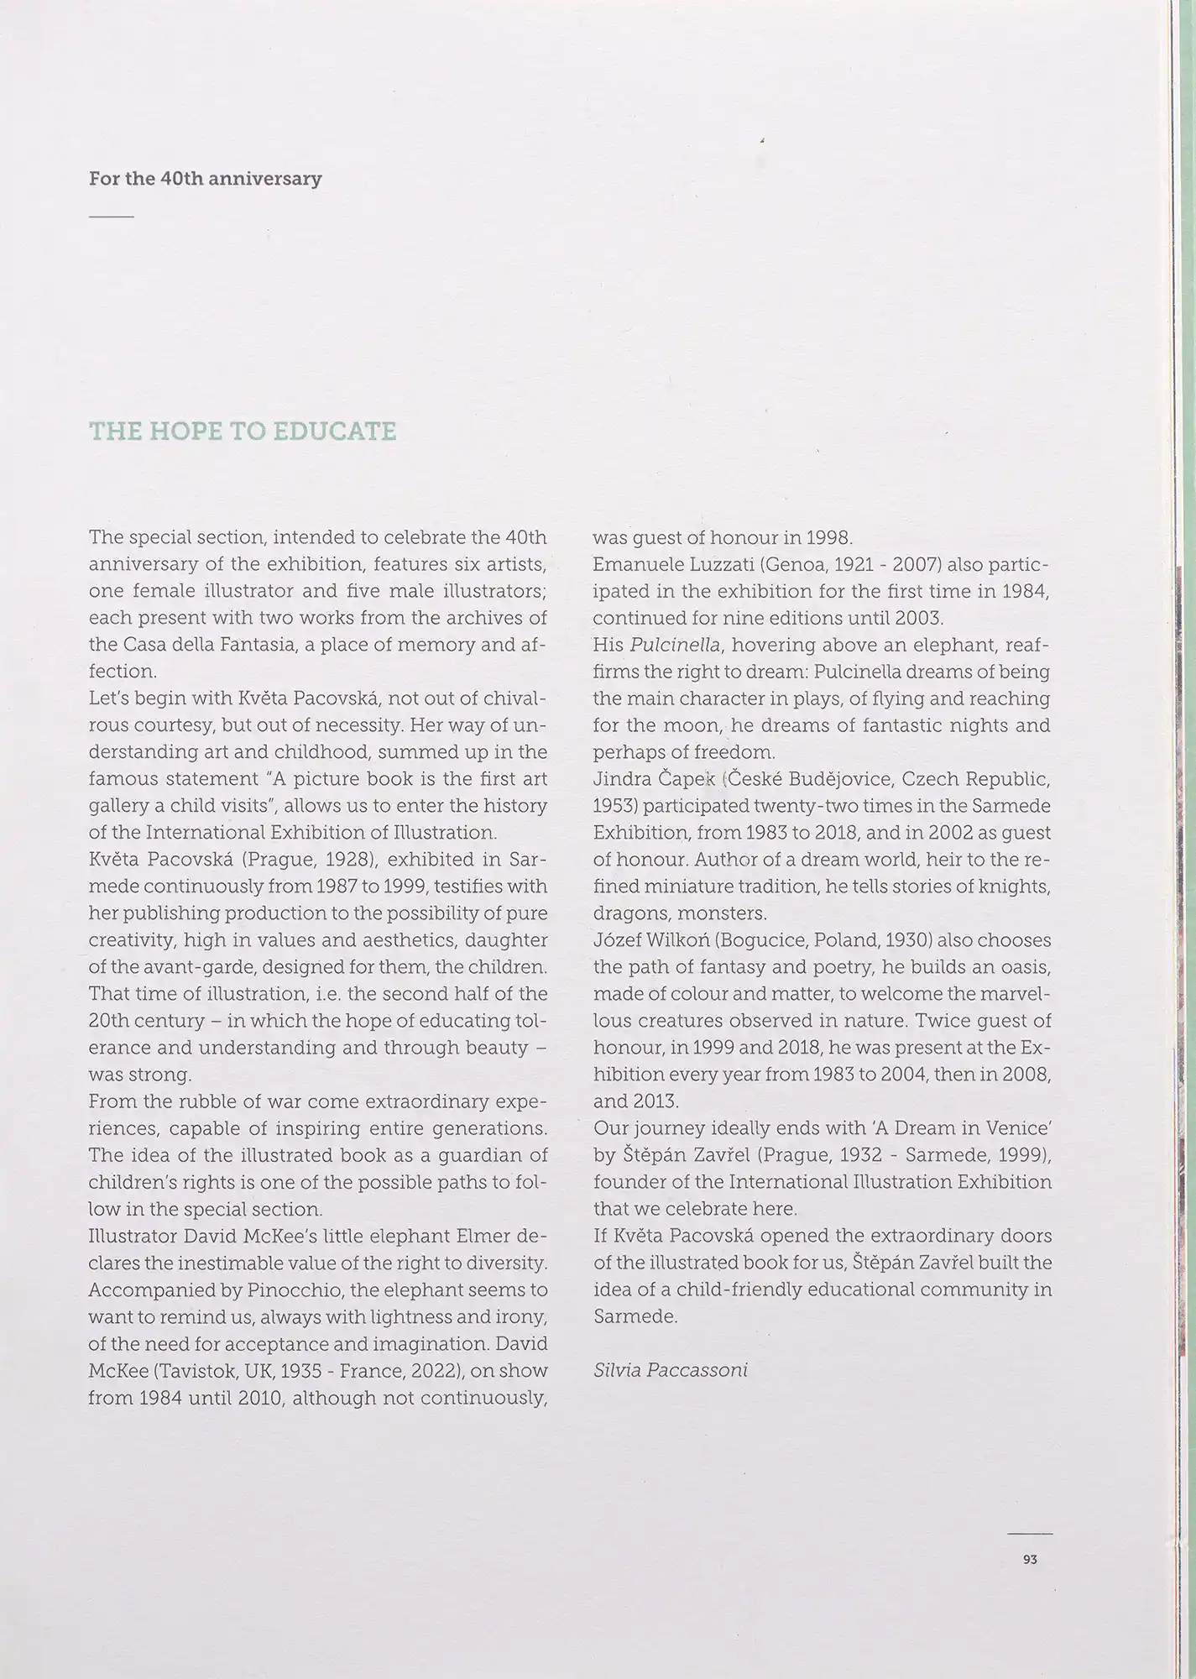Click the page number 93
(x=1030, y=1559)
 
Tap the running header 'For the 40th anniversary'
(x=205, y=179)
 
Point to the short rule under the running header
(x=111, y=217)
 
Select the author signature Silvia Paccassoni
(x=670, y=1370)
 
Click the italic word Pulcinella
(x=673, y=645)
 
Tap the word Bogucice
(x=754, y=940)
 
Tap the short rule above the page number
(x=1030, y=1534)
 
